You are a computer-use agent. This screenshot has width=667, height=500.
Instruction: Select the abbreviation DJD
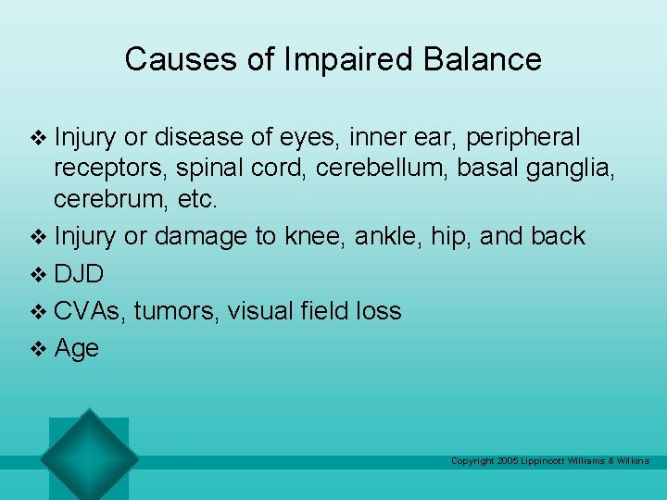pos(79,274)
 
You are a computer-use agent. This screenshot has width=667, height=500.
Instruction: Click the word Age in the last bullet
pos(77,349)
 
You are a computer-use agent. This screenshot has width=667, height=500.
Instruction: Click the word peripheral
pos(523,138)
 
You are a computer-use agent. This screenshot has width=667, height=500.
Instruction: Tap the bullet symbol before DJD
pos(38,275)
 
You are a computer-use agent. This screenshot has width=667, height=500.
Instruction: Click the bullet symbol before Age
pos(38,349)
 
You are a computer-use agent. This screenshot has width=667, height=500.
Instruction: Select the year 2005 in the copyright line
pos(508,461)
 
